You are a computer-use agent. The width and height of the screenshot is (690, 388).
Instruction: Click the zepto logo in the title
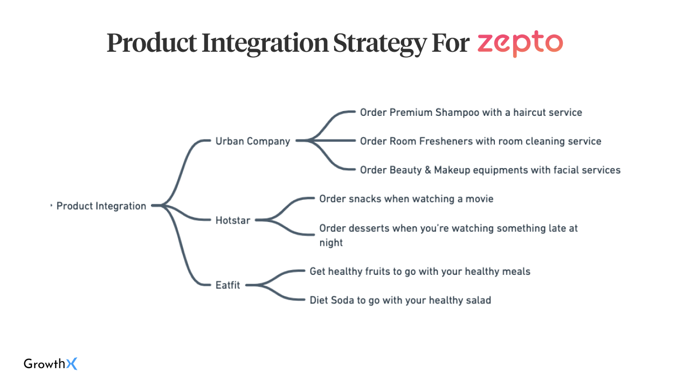tap(520, 44)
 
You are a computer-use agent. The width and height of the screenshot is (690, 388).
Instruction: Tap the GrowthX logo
tap(51, 364)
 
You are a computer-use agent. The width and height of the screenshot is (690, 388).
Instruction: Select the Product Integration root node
tap(101, 206)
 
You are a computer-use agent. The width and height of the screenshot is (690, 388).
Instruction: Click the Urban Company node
tap(253, 141)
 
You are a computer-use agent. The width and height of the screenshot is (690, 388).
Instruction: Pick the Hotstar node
tap(232, 220)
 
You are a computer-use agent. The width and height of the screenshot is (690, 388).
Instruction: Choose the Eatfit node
tap(227, 285)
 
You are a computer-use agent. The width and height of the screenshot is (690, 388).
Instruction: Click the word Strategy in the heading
tap(380, 44)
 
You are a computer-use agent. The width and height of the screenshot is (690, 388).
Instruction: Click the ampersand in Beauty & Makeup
tap(428, 170)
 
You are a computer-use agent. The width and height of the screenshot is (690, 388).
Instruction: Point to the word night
tap(331, 243)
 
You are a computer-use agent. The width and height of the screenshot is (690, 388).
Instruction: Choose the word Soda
tap(342, 300)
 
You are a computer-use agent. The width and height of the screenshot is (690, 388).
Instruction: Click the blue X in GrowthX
tap(72, 364)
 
